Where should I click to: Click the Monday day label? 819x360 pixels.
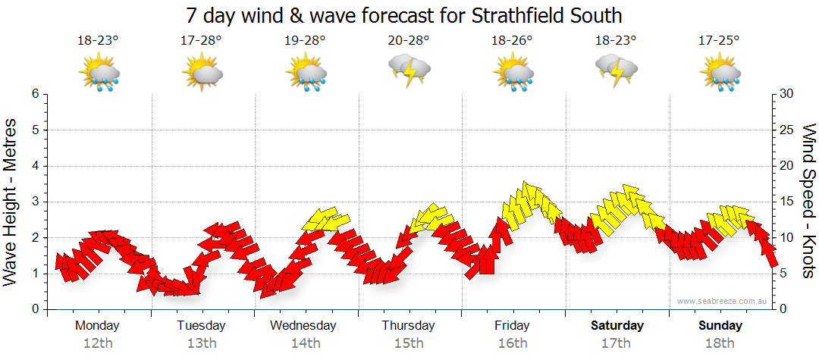tap(97, 326)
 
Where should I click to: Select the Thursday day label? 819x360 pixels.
tap(409, 326)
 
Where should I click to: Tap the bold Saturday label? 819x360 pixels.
tap(617, 326)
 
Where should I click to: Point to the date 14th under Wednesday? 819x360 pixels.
tap(305, 343)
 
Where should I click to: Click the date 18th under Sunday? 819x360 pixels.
tap(720, 343)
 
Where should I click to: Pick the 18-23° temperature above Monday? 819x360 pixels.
tap(99, 41)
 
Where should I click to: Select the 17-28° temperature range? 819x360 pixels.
tap(202, 41)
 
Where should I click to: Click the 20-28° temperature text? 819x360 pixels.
tap(409, 41)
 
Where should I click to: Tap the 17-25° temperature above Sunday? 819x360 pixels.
tap(720, 41)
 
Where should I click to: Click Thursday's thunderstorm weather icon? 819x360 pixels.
tap(409, 70)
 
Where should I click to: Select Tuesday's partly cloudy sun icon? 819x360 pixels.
tap(202, 74)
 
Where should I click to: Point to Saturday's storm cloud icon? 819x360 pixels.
tap(617, 70)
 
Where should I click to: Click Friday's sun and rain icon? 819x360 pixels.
tap(513, 74)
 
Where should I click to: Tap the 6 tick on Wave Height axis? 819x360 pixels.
tap(34, 94)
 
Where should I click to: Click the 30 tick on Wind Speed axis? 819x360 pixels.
tap(787, 94)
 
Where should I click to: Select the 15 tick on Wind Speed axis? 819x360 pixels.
tap(787, 202)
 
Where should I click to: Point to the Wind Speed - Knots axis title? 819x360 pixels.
tap(808, 201)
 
